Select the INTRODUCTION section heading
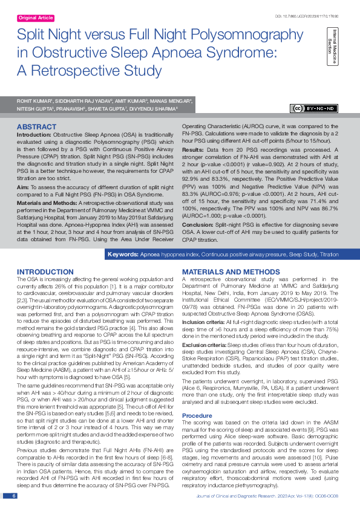45,272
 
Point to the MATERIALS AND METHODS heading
226,272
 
